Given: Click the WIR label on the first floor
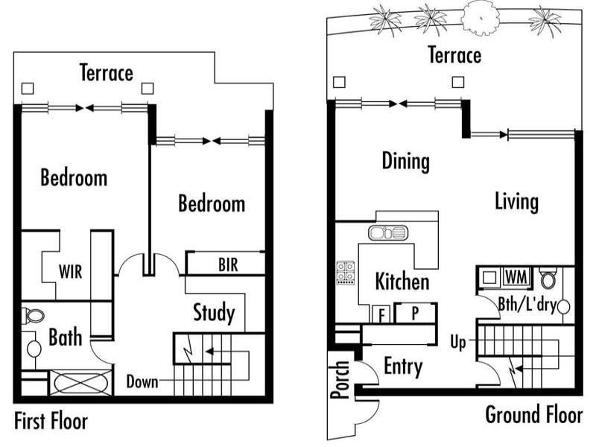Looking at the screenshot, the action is click(x=70, y=272).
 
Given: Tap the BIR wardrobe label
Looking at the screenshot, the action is click(x=228, y=264).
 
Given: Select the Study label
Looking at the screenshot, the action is click(x=214, y=313).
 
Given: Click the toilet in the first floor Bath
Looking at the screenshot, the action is click(x=34, y=316).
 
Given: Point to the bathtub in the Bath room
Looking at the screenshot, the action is click(x=80, y=383).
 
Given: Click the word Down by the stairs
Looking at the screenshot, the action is click(x=142, y=381).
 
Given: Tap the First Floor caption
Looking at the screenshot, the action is click(x=51, y=421).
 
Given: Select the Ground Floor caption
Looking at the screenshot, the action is click(x=533, y=414).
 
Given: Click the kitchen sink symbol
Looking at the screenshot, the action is click(x=388, y=232).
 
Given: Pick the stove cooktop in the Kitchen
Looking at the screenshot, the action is click(x=345, y=273).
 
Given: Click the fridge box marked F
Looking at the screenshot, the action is click(x=381, y=314).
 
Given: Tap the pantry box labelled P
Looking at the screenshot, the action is click(x=416, y=313).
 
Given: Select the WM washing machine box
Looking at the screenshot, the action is click(x=516, y=276).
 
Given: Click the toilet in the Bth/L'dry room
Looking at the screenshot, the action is click(x=548, y=278).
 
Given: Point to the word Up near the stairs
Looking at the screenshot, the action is click(x=458, y=343).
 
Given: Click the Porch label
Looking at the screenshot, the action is click(x=340, y=379).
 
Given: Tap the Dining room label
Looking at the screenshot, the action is click(x=406, y=161).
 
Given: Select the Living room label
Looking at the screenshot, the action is click(x=516, y=201).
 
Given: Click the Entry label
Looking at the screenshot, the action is click(x=403, y=367).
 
